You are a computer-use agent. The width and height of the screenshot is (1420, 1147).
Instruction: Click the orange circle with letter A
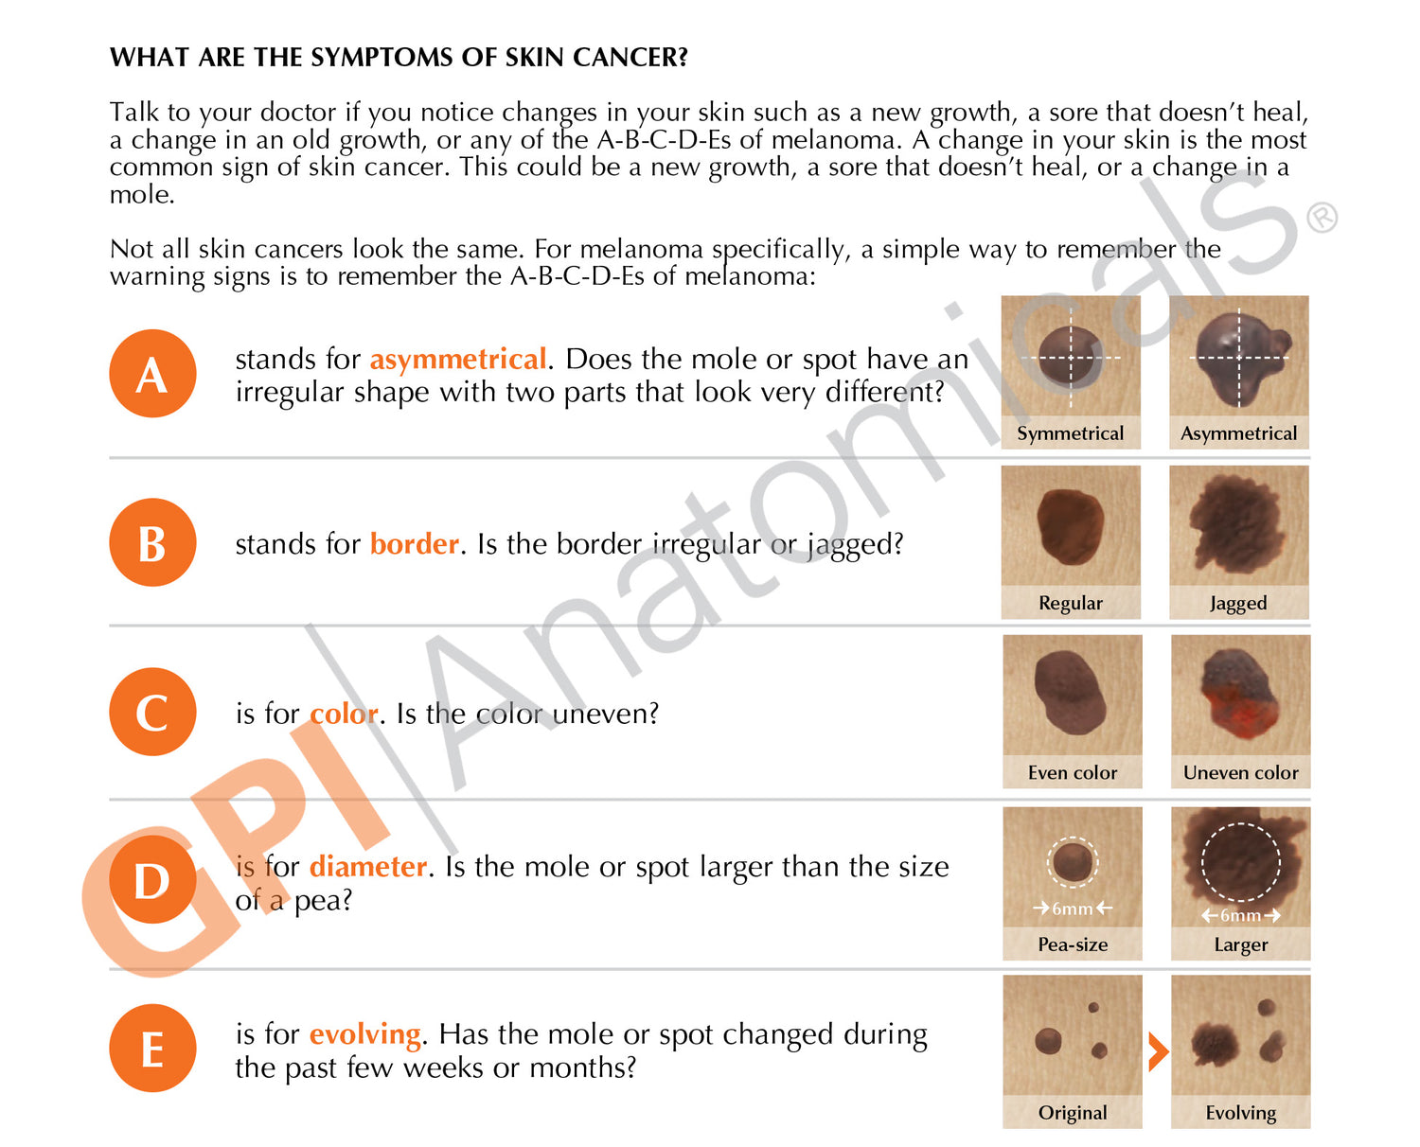[x=152, y=373]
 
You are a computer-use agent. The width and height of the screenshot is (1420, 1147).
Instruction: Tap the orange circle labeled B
[x=152, y=542]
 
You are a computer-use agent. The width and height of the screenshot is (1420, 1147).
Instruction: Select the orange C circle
[x=152, y=712]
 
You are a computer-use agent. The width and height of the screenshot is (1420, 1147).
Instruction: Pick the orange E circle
[x=152, y=1049]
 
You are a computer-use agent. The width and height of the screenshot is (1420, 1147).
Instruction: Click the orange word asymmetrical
[x=459, y=361]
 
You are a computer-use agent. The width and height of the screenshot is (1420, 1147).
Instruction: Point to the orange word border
[x=415, y=544]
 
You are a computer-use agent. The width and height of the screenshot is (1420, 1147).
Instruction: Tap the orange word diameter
[x=368, y=867]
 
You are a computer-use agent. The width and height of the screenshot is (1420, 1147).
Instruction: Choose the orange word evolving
[x=365, y=1035]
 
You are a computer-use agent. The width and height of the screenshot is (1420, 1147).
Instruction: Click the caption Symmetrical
[x=1071, y=433]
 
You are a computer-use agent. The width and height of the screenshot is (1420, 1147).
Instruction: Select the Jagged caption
[x=1238, y=604]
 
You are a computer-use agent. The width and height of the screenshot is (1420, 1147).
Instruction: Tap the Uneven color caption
[x=1241, y=773]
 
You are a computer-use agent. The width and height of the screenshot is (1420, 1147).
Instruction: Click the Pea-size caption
[x=1073, y=944]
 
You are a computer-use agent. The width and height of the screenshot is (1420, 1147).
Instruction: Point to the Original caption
[x=1073, y=1113]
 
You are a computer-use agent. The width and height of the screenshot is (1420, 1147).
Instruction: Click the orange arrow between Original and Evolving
[x=1158, y=1051]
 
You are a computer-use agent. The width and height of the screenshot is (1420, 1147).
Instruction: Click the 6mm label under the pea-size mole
[x=1073, y=909]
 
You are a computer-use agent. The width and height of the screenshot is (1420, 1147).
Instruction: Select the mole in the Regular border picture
[x=1071, y=526]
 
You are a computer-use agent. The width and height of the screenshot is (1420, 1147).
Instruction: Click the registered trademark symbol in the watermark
[x=1322, y=218]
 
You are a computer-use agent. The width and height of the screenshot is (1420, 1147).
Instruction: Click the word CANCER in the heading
[x=630, y=58]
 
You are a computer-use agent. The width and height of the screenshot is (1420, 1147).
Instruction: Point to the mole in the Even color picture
[x=1071, y=693]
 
